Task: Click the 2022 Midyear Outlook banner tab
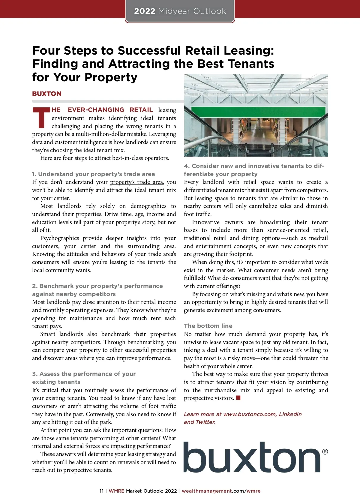[x=180, y=11]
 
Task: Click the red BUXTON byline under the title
[x=47, y=94]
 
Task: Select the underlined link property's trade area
[x=136, y=182]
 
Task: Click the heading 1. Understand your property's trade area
[x=94, y=174]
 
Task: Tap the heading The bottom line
[x=208, y=326]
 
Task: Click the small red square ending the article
[x=238, y=398]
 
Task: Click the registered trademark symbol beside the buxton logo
[x=325, y=452]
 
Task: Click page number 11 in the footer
[x=101, y=491]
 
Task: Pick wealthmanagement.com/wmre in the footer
[x=221, y=491]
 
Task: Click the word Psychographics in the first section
[x=59, y=238]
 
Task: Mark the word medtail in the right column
[x=319, y=238]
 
